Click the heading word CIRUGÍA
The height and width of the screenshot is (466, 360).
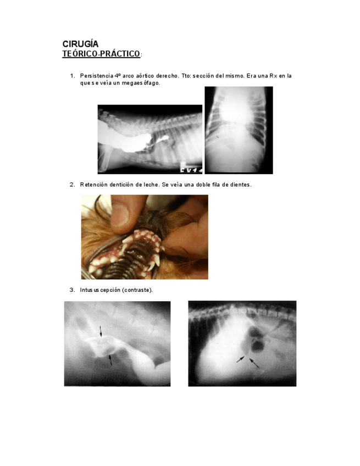pos(80,44)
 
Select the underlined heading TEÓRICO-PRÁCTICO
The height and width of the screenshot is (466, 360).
pos(101,54)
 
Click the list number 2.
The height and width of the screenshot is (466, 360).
pos(72,185)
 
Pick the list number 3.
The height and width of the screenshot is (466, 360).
pos(72,290)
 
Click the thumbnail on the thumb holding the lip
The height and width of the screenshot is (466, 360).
pos(121,214)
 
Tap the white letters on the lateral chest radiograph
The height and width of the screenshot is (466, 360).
pos(191,169)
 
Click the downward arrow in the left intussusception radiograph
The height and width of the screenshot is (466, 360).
pos(101,331)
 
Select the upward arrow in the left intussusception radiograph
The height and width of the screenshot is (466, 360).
pos(110,359)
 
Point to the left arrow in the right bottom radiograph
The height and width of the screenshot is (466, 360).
pos(240,359)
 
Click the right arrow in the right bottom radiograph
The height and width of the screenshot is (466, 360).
pos(253,363)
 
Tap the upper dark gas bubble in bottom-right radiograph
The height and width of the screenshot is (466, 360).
pos(254,331)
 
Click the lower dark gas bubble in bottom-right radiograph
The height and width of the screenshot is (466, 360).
pos(258,346)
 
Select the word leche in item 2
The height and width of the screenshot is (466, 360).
pos(151,185)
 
